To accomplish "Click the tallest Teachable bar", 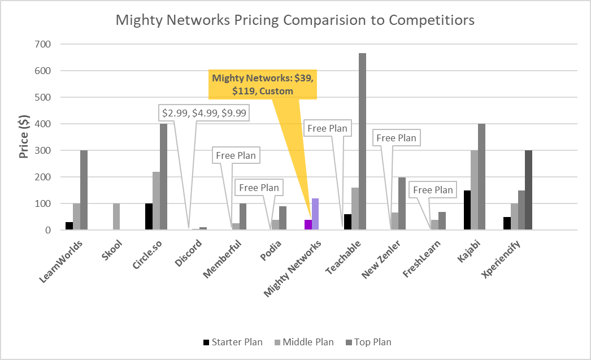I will tap(362, 141).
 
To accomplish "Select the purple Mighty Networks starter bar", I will tap(308, 225).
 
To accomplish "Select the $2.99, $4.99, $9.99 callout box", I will tap(205, 113).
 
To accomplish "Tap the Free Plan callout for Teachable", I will tap(327, 128).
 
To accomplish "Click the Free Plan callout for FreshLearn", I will tap(433, 190).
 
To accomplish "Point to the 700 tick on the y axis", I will tap(43, 44).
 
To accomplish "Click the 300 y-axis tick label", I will tap(43, 150).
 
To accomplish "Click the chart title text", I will tap(295, 20).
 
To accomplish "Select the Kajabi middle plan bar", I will tap(474, 190).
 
